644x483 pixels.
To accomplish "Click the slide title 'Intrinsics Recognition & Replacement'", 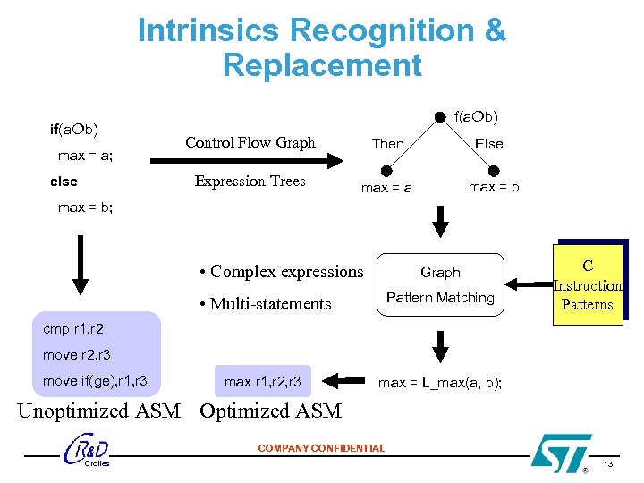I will click(321, 47).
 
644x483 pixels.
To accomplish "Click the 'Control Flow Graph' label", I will click(250, 142).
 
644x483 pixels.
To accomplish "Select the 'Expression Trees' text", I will click(250, 181).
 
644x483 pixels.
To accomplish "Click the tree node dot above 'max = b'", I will click(493, 170).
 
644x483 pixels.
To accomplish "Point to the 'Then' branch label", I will click(387, 143).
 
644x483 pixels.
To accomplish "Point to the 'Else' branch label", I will click(488, 143).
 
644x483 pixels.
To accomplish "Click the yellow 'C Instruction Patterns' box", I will click(587, 285).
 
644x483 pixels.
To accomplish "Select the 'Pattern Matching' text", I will click(440, 297).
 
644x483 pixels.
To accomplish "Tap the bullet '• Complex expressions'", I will click(281, 272).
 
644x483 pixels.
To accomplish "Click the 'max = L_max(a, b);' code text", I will click(440, 382).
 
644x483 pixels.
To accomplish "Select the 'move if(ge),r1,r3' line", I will click(95, 382).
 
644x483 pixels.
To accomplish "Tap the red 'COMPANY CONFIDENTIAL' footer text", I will click(321, 448).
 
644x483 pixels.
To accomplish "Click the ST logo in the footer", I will click(561, 452).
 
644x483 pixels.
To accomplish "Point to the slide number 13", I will click(607, 464).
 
